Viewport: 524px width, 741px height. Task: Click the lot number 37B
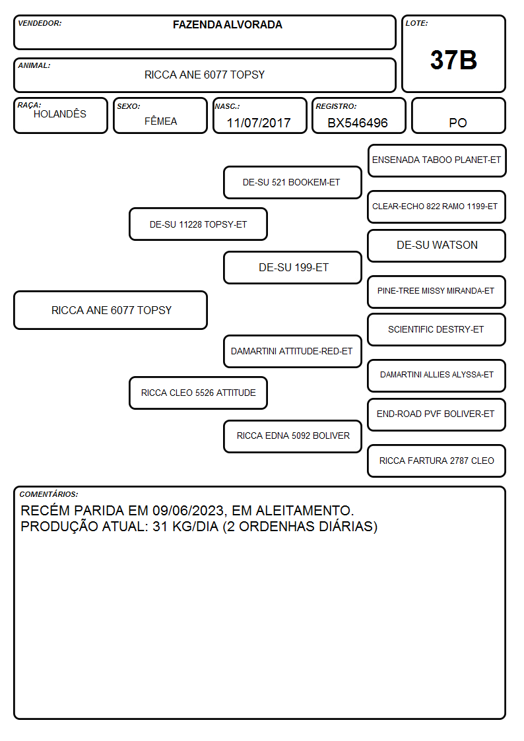pos(453,60)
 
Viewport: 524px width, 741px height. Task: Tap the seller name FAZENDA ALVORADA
pos(227,24)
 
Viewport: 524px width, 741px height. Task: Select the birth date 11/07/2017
pos(259,123)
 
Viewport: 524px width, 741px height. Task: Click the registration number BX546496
pos(358,123)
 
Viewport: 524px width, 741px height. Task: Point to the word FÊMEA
pos(160,121)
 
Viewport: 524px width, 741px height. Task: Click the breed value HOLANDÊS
pos(60,114)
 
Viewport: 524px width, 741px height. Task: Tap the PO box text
pos(458,123)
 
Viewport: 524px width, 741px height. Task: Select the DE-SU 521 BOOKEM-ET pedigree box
pos(292,182)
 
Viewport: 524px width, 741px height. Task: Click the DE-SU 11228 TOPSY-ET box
pos(199,224)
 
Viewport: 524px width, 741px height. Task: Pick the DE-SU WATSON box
pos(437,245)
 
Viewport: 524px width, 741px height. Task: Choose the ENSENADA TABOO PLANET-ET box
pos(437,161)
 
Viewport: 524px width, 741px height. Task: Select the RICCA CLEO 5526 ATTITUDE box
pos(199,393)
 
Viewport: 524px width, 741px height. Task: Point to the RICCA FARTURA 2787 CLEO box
pos(437,461)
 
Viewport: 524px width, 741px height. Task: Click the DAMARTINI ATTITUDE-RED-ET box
pos(292,351)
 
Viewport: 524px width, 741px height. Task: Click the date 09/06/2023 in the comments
pos(188,511)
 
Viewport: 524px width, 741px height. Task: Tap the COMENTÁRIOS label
pos(49,494)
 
